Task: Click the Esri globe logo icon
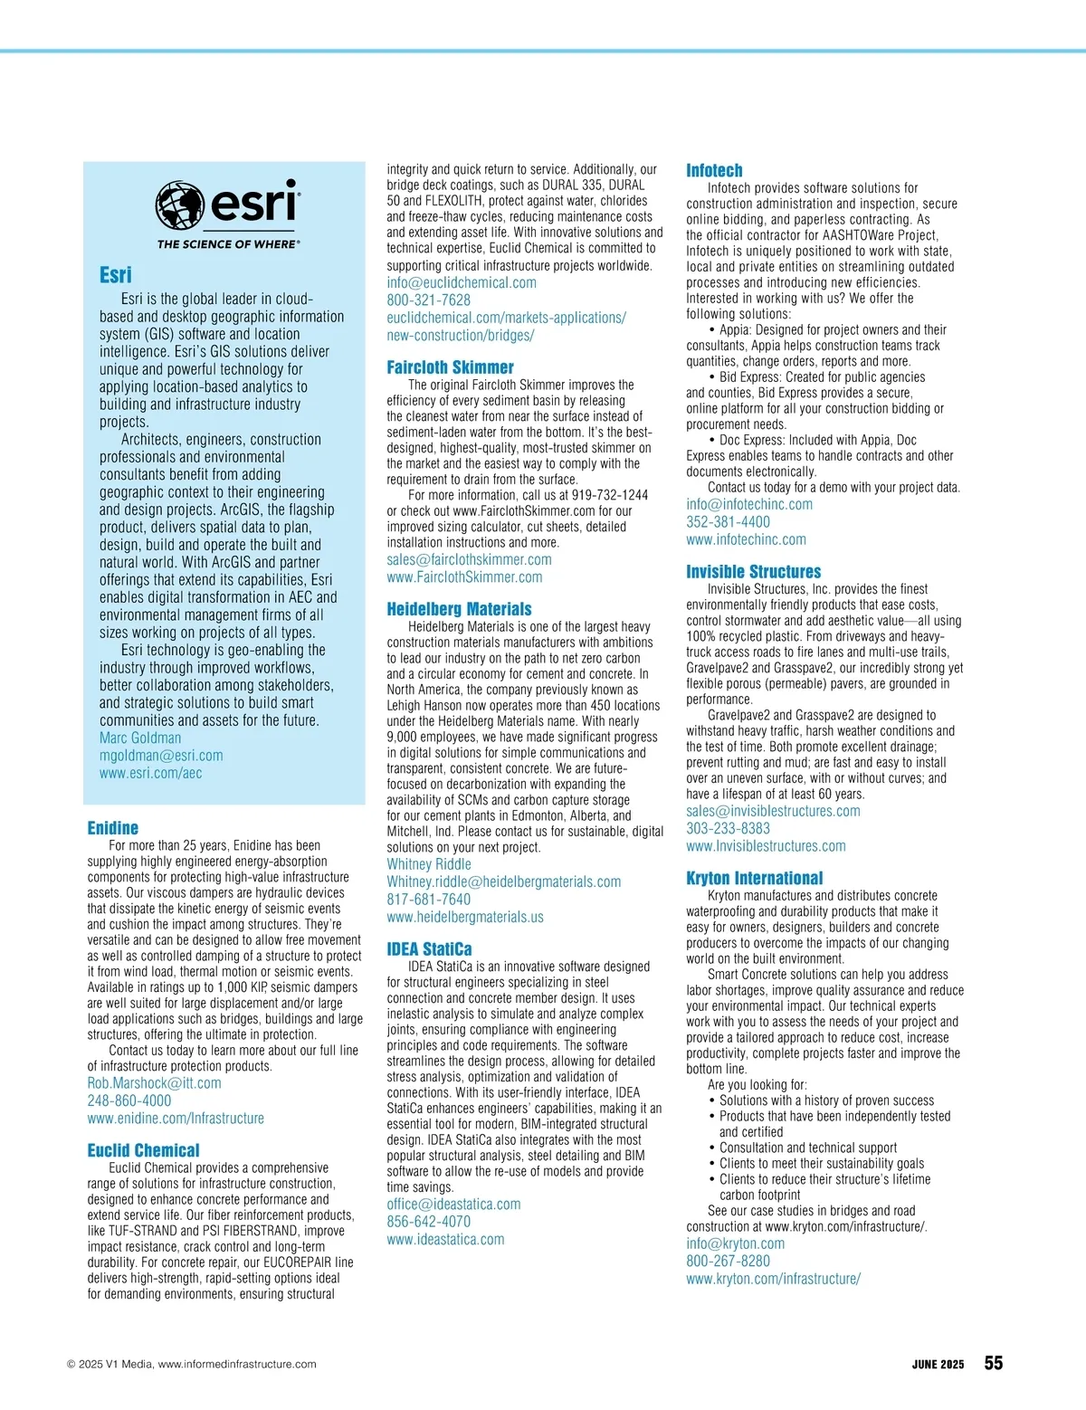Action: coord(179,205)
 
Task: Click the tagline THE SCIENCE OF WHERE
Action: coord(228,243)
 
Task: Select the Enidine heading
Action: coord(113,828)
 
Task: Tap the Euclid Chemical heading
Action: coord(143,1150)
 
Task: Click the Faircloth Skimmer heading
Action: coord(450,367)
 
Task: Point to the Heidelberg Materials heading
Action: coord(459,609)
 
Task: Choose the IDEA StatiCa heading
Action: coord(429,949)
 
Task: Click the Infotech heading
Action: coord(714,170)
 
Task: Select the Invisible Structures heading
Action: coord(753,572)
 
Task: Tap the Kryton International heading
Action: coord(754,878)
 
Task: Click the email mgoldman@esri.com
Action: coord(161,756)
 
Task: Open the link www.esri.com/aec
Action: coord(150,773)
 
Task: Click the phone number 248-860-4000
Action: coord(129,1100)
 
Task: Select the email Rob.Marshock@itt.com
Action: coord(154,1083)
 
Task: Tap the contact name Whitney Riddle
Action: coord(429,864)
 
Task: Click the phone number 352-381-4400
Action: coord(728,522)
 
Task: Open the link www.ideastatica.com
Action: coord(445,1240)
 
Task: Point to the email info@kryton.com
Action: coord(735,1243)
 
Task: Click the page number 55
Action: coord(994,1363)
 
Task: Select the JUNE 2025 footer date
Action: coord(938,1365)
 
